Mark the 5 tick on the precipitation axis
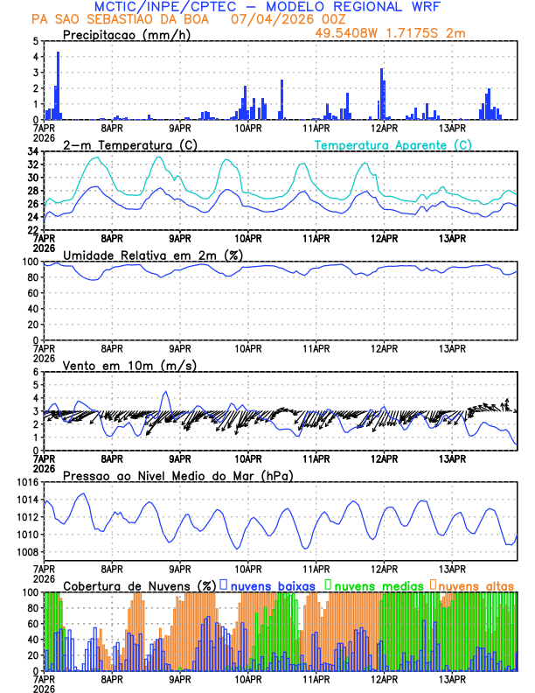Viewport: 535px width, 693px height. [x=35, y=41]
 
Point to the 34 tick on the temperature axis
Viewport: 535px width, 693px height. [x=32, y=151]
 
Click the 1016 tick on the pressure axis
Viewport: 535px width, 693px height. [x=26, y=482]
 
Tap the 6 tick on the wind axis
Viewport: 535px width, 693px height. [x=35, y=372]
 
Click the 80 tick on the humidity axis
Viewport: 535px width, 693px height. [x=32, y=277]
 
